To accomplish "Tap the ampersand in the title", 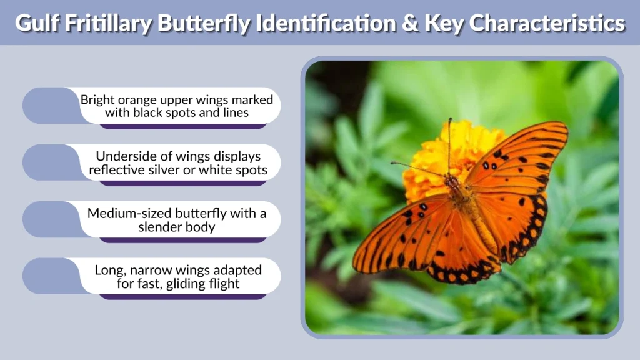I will (x=410, y=23).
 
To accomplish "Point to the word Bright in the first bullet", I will (x=97, y=99).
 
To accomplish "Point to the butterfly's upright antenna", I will (x=449, y=144).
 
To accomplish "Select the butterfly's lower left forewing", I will (x=400, y=237).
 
